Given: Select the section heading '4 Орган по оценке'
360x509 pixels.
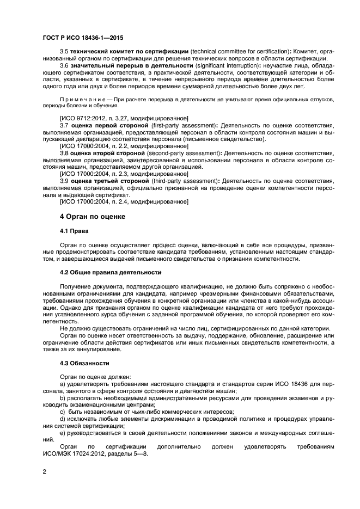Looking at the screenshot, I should click(92, 216).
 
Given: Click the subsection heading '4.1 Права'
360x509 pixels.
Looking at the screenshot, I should click(74, 231).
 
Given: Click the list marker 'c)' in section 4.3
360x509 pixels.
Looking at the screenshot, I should click(63, 410).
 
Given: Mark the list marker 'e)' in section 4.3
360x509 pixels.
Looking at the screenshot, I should click(63, 432).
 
